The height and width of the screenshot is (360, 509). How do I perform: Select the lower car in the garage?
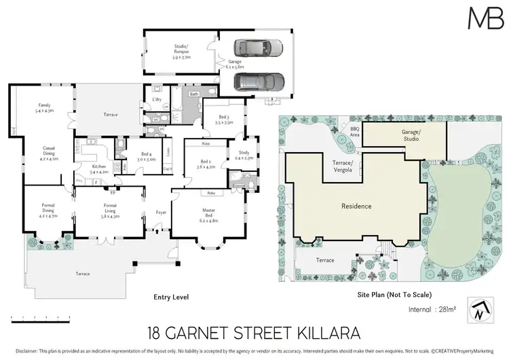258,82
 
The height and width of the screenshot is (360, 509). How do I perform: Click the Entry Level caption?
170,297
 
